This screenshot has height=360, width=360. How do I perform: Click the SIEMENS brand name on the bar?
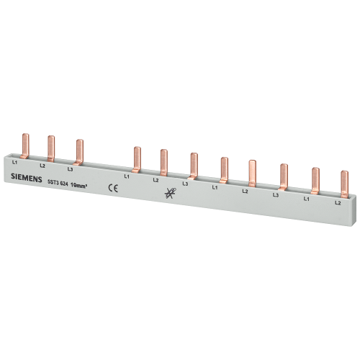point(27,179)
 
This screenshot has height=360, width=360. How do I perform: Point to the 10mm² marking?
point(78,185)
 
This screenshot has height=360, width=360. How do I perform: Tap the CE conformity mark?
point(113,188)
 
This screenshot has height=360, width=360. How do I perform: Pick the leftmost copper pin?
point(25,146)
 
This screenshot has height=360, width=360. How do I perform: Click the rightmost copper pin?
point(344,184)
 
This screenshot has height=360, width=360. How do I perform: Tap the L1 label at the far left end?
point(14,163)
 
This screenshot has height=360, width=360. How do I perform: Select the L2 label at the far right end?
point(338,203)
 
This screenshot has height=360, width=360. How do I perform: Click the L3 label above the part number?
point(70,169)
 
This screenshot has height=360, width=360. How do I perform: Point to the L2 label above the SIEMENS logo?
point(42,166)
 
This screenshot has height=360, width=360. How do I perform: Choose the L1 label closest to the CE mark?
point(127,176)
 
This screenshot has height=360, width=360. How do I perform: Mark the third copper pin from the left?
point(79,152)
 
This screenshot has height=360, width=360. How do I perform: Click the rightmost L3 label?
point(276,195)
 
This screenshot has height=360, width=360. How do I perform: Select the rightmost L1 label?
point(306,199)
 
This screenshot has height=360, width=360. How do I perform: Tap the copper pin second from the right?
point(315,181)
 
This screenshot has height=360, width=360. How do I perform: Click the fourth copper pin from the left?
point(137,159)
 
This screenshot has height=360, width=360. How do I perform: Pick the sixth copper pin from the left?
point(194,166)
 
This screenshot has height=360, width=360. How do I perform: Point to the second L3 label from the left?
point(185,184)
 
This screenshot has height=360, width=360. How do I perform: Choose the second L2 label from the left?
point(156,180)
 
